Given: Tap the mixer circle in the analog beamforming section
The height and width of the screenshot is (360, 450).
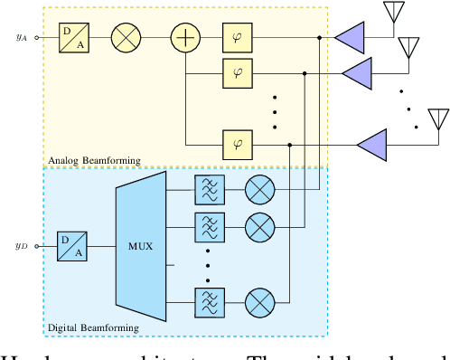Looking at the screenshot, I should point(126,38).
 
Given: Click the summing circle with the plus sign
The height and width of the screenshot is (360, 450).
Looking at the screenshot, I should point(185,38).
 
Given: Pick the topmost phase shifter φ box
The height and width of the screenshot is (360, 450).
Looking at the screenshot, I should point(238,38).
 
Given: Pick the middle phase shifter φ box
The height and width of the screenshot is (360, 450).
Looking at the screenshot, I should point(238,70).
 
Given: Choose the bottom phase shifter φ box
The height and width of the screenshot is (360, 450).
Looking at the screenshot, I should point(238,142).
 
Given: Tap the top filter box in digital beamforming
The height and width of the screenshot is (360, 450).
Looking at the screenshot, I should point(209,189).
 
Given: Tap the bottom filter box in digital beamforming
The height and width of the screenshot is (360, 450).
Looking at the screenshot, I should point(209,299).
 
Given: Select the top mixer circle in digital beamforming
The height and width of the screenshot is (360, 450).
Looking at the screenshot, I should point(260,189).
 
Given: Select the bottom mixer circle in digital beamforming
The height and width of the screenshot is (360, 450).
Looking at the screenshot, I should point(260,299).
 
